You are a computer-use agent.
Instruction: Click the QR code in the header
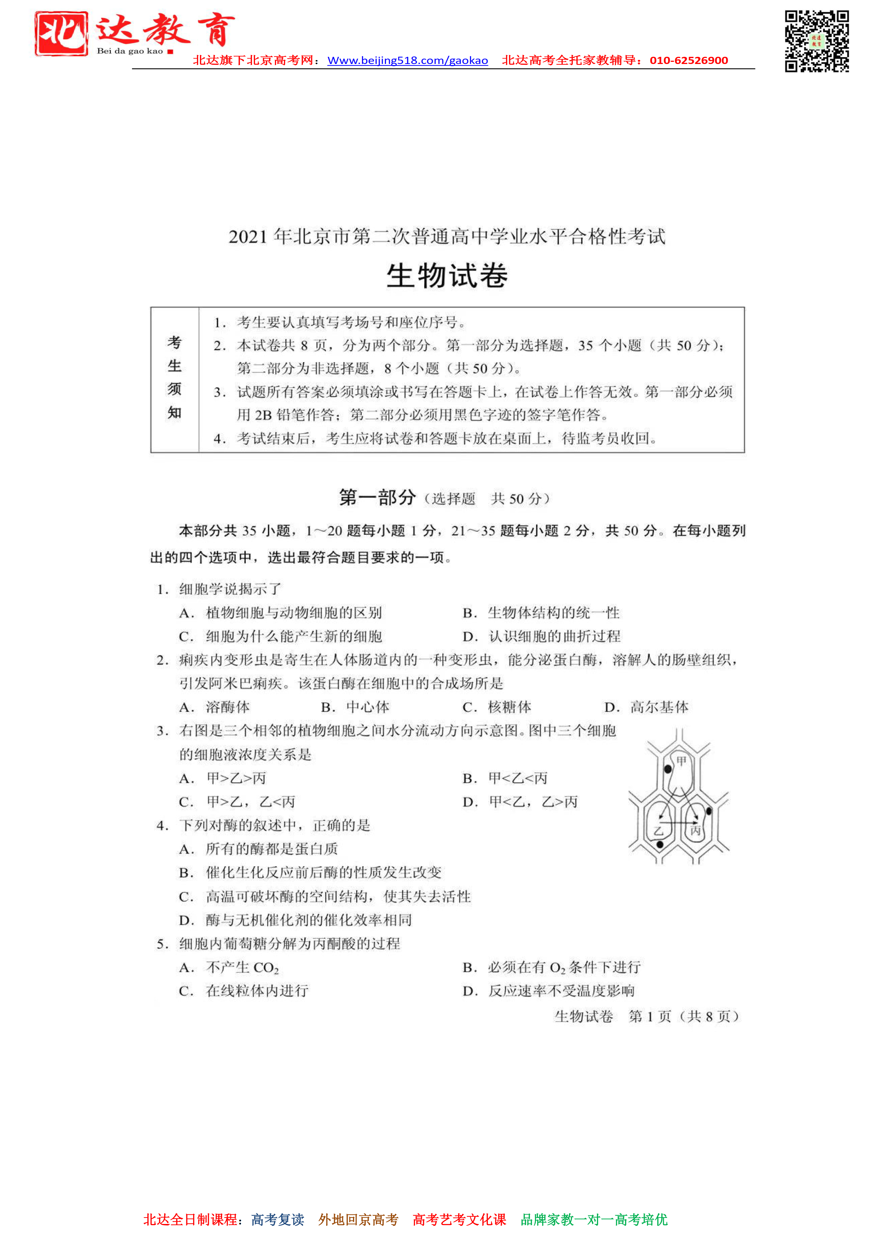(817, 41)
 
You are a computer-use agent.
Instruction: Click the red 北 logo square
(61, 34)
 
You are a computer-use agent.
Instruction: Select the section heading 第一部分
(377, 498)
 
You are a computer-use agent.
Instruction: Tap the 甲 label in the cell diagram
(681, 761)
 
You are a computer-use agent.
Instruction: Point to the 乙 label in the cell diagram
(658, 831)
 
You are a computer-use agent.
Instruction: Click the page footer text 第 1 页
(650, 1016)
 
